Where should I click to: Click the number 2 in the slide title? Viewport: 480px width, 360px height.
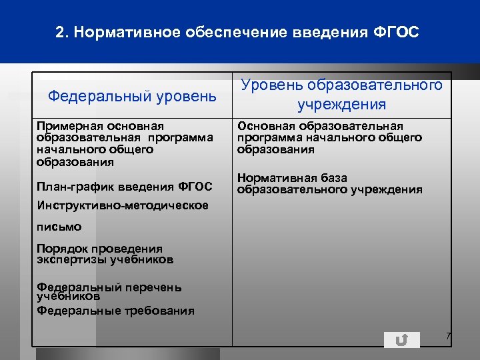pyautogui.click(x=59, y=32)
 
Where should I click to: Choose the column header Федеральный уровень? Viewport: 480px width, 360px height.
pyautogui.click(x=132, y=97)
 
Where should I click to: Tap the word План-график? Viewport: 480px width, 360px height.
pyautogui.click(x=75, y=186)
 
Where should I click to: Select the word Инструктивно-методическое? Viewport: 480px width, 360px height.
pyautogui.click(x=123, y=205)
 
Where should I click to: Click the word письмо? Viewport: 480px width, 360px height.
pyautogui.click(x=59, y=227)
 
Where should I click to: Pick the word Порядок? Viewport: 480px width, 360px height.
pyautogui.click(x=63, y=249)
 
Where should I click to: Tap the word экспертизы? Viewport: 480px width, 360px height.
pyautogui.click(x=73, y=259)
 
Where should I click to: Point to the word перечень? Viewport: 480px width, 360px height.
pyautogui.click(x=153, y=287)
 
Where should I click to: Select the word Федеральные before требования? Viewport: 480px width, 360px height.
pyautogui.click(x=73, y=310)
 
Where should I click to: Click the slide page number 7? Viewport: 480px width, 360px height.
pyautogui.click(x=449, y=336)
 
